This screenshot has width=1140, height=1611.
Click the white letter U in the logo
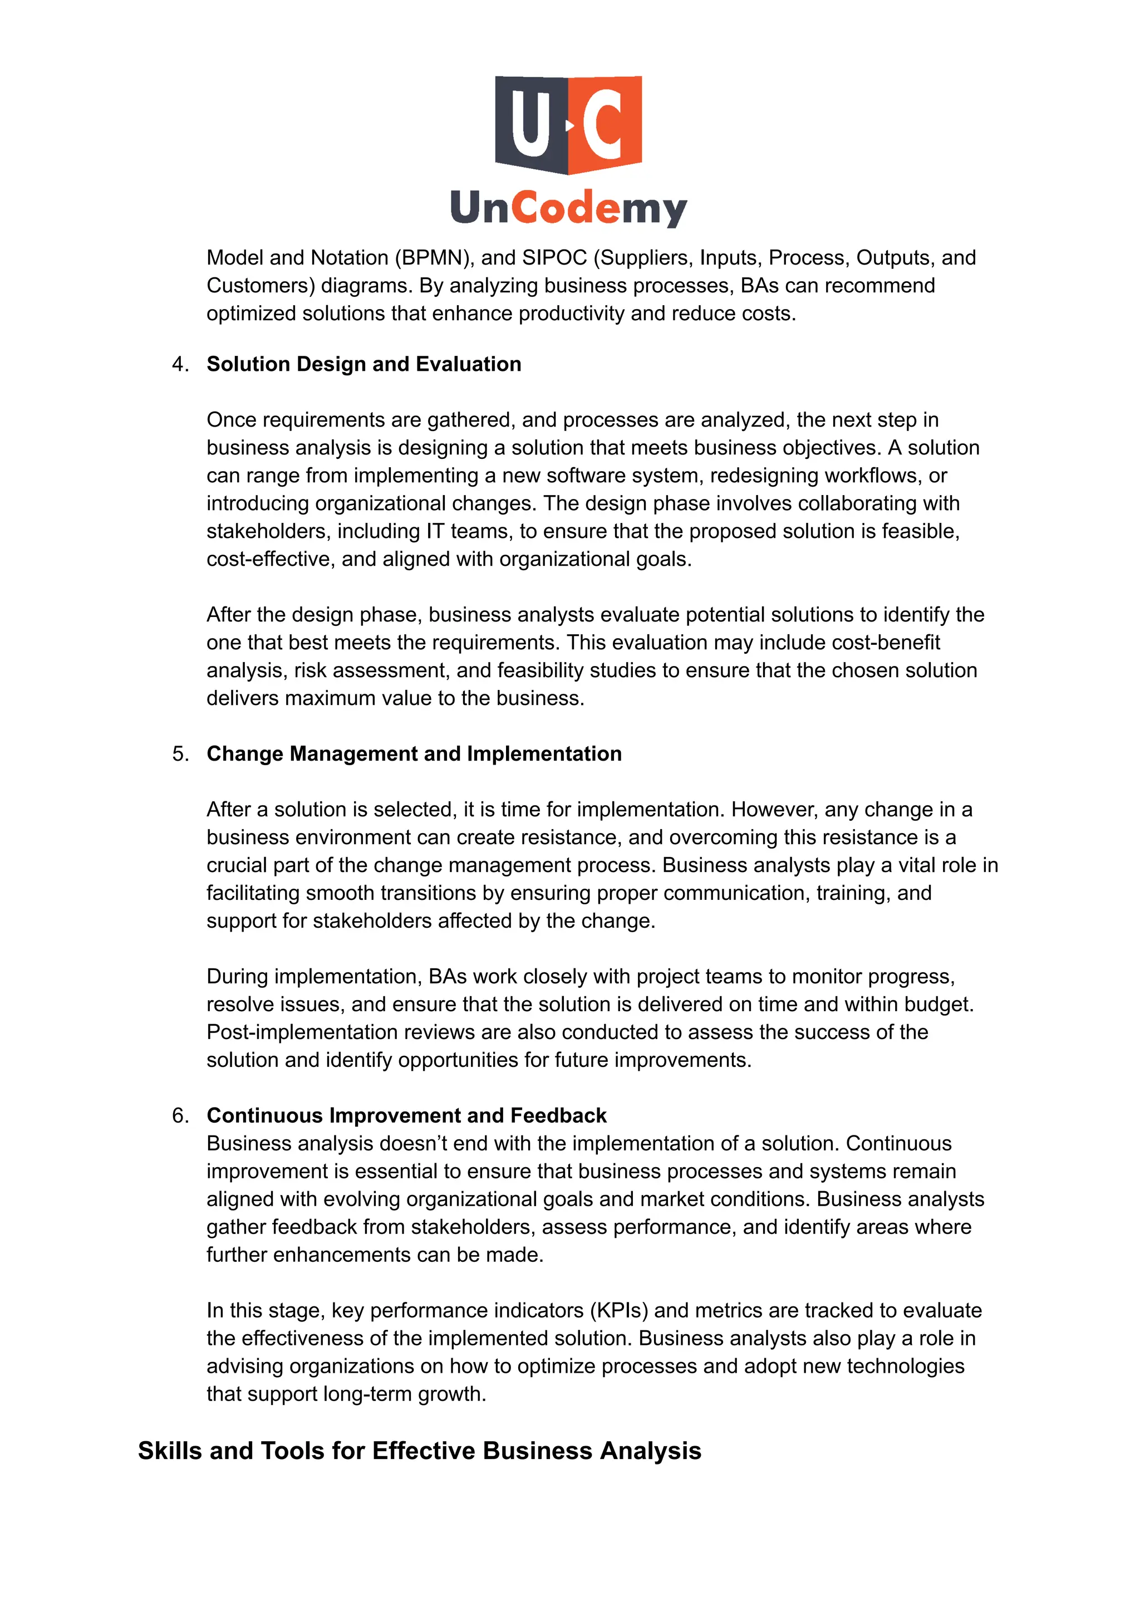pos(530,124)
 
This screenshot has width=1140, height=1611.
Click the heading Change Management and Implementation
pos(414,753)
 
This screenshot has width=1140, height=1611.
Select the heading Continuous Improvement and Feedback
pos(406,1115)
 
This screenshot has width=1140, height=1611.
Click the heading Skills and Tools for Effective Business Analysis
pos(419,1450)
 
